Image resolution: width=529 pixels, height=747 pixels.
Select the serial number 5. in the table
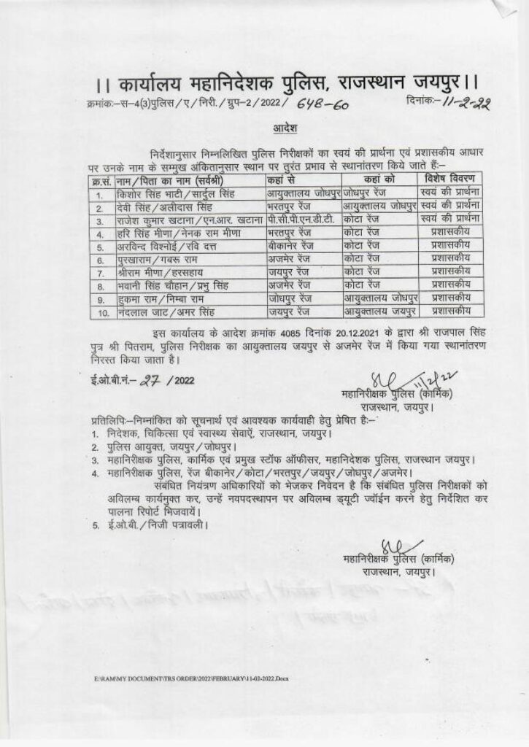99,247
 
